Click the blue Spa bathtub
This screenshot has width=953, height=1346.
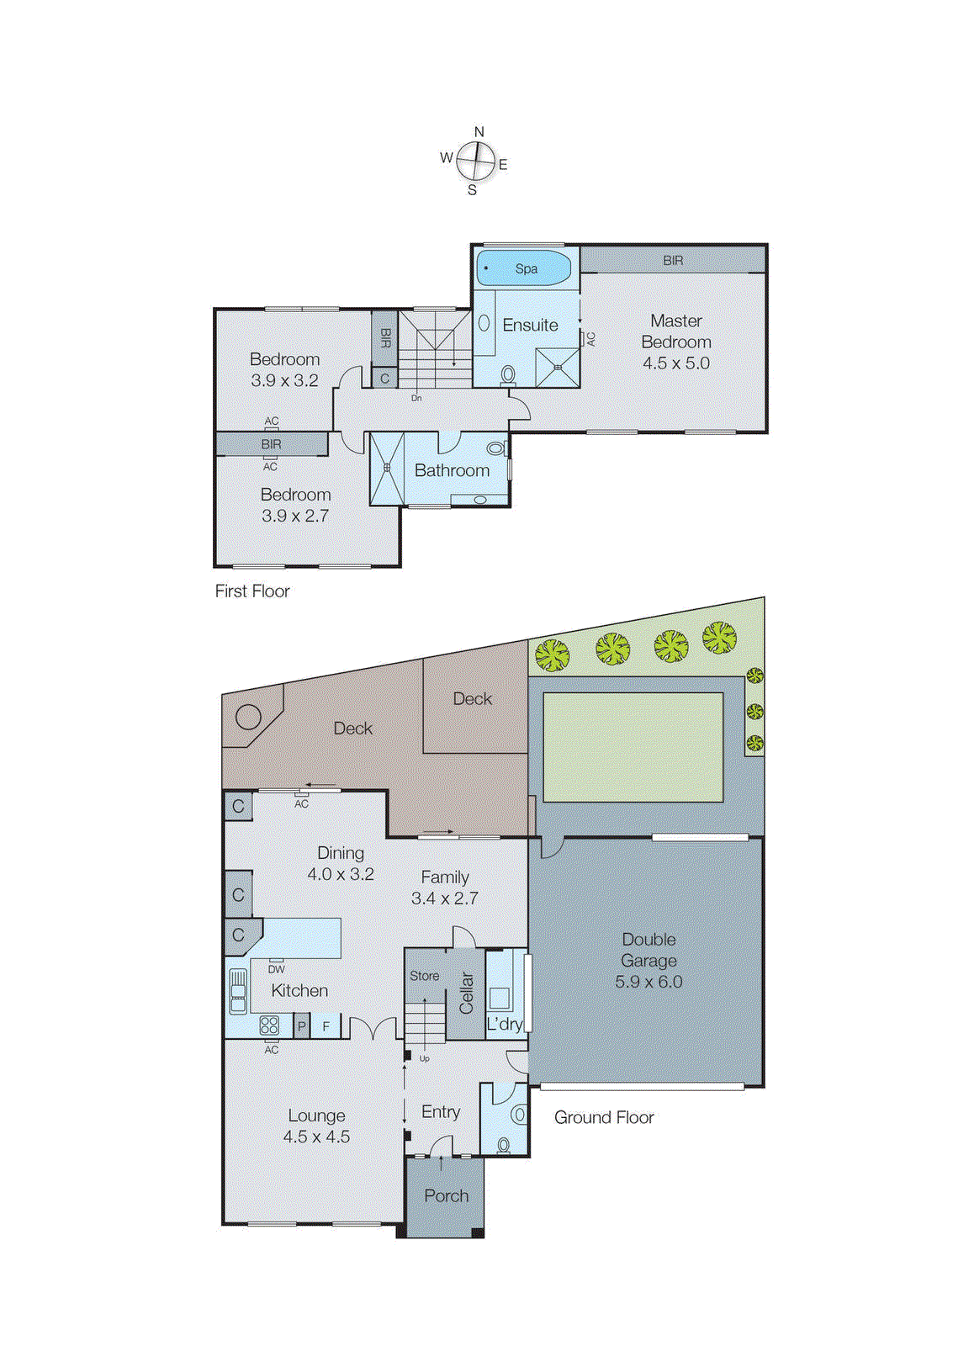(524, 268)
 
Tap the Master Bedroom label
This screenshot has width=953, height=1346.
(675, 331)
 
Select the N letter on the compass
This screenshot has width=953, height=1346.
(479, 132)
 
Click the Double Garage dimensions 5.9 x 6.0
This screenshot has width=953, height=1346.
(649, 982)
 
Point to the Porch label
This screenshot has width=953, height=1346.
(446, 1195)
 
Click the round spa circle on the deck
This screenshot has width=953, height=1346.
(248, 717)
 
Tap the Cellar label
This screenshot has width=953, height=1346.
(467, 993)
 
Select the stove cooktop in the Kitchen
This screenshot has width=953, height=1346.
(269, 1025)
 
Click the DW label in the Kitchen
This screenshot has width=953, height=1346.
(276, 969)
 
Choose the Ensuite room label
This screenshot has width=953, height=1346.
(530, 325)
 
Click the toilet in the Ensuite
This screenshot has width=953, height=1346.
(508, 374)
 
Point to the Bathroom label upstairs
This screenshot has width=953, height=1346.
(452, 470)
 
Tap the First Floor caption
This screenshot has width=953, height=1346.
(252, 591)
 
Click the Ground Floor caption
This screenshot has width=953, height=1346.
(604, 1117)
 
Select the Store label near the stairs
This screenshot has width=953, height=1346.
(424, 976)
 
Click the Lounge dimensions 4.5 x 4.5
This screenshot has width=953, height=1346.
(316, 1137)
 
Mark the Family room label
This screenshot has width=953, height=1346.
(445, 877)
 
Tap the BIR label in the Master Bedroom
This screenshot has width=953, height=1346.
(673, 261)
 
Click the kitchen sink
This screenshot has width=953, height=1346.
(238, 990)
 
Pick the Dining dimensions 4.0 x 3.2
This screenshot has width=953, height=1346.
(341, 874)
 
